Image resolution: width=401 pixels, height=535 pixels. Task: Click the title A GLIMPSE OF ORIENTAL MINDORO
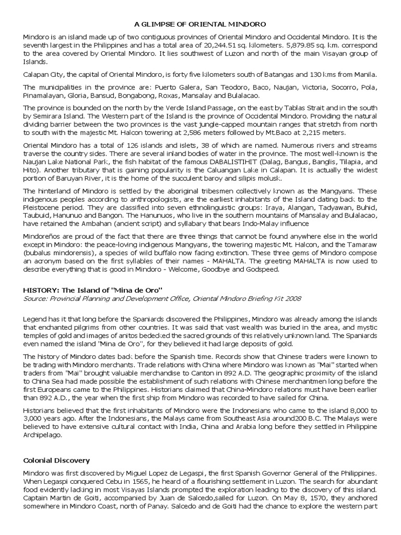click(200, 24)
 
